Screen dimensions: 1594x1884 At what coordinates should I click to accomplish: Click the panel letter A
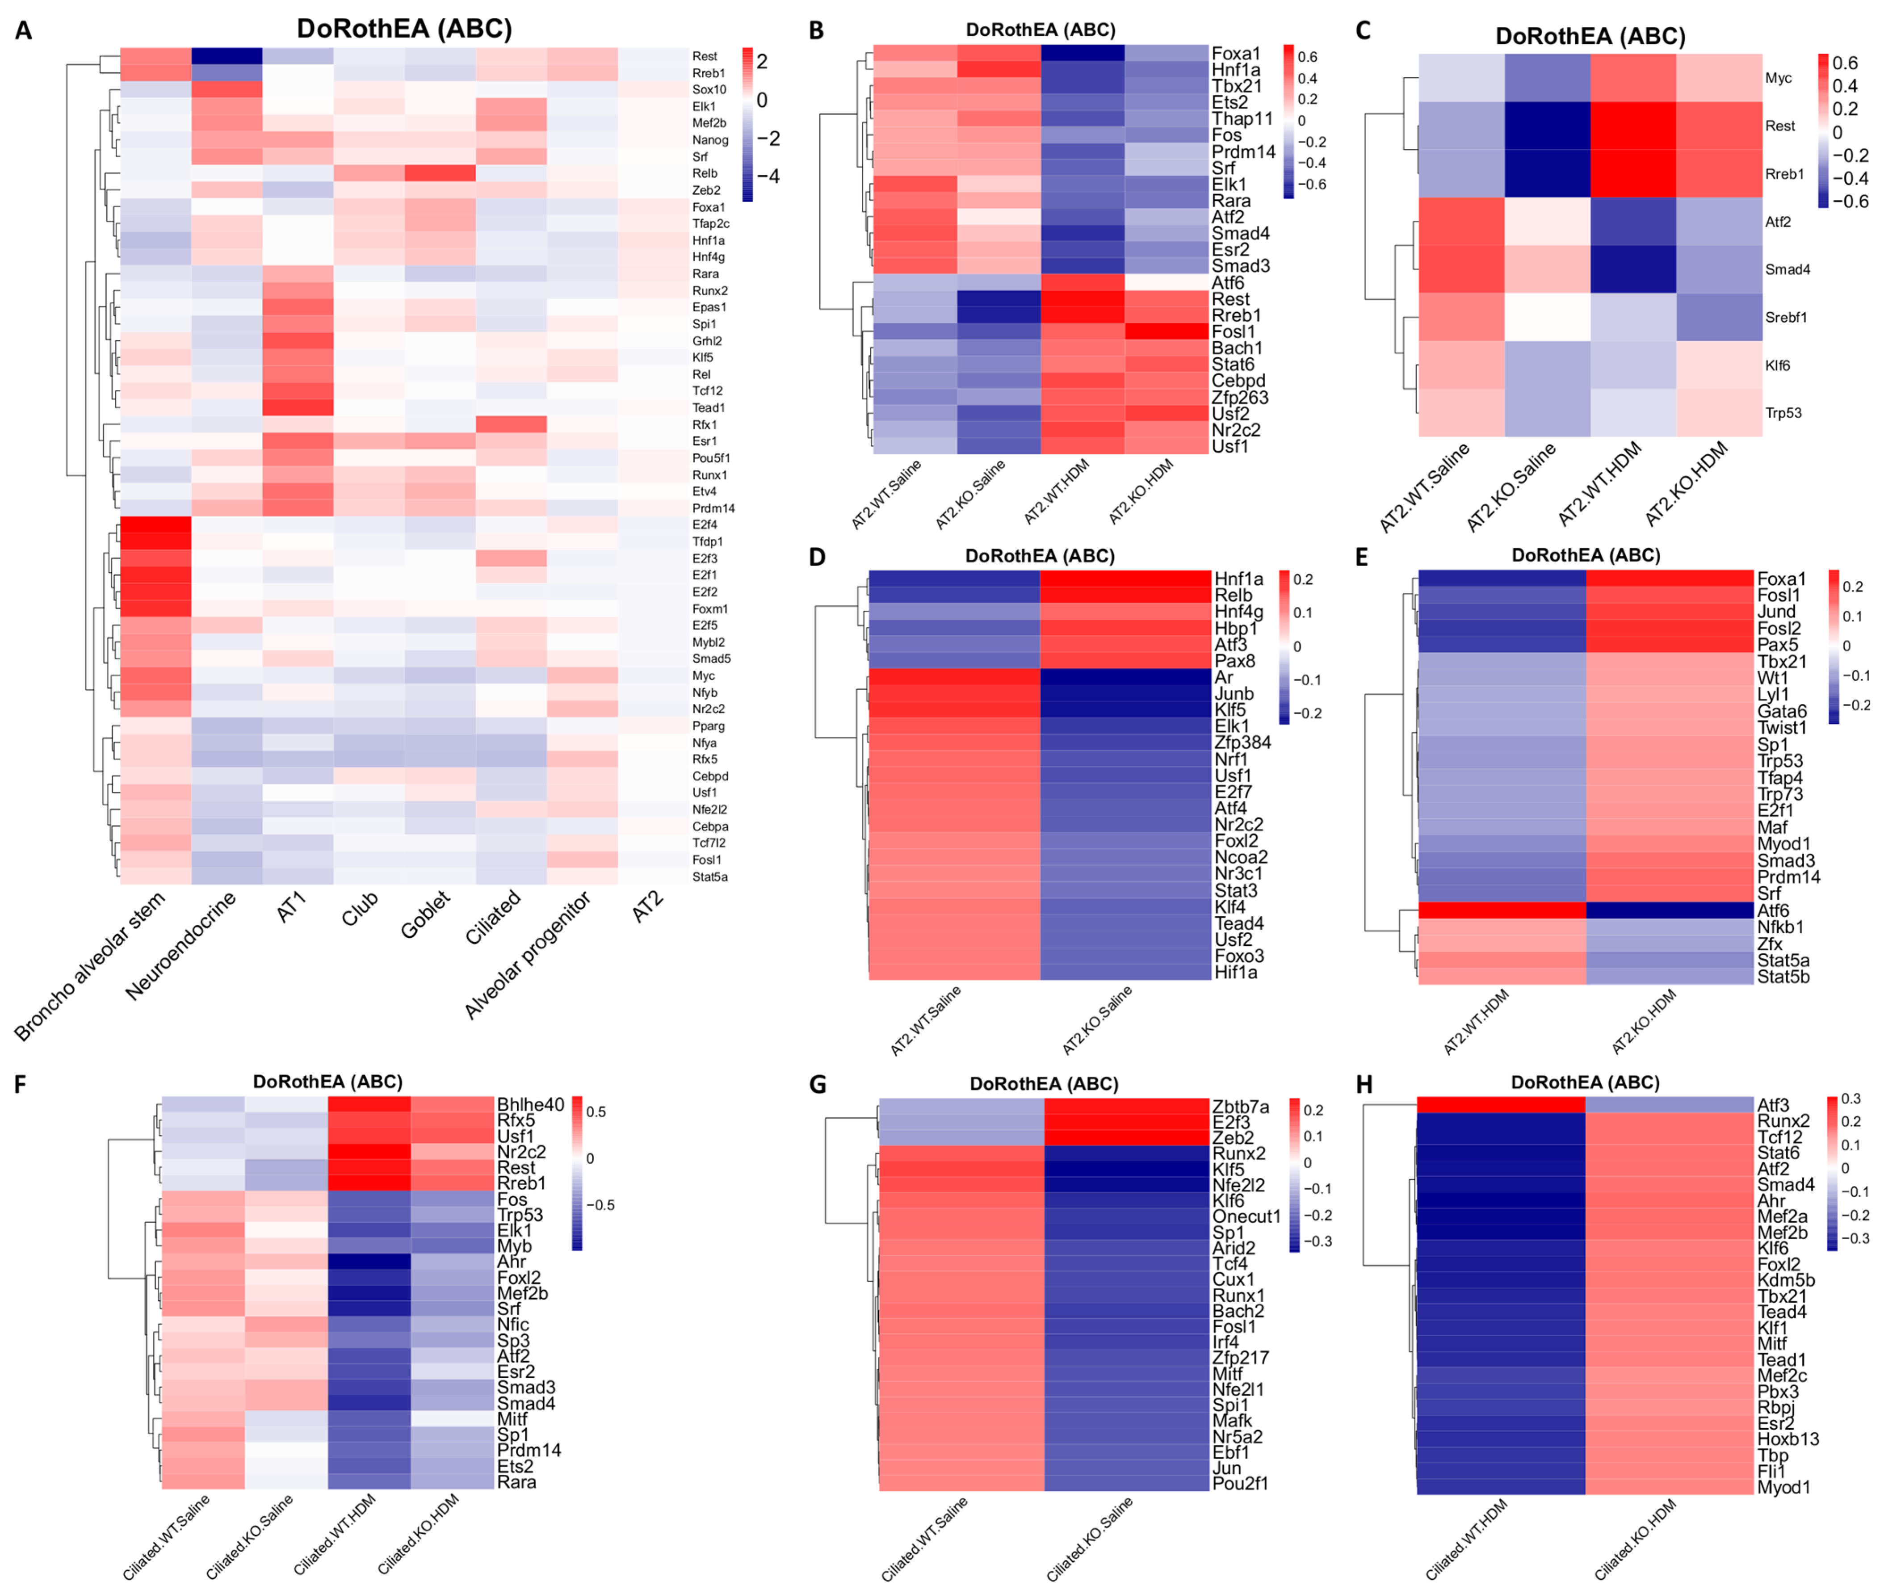[24, 31]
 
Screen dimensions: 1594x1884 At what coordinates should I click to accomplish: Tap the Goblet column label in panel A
[425, 914]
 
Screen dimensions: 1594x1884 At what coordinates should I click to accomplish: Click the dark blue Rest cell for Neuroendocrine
[227, 56]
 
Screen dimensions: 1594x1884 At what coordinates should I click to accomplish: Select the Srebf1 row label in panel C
[1786, 317]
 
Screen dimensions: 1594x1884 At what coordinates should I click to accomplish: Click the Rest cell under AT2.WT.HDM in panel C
[1633, 126]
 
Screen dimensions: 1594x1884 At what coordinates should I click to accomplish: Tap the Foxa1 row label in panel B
[1235, 53]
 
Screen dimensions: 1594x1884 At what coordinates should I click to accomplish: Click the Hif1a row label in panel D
[1235, 972]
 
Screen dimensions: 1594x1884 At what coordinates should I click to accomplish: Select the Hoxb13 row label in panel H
[1787, 1439]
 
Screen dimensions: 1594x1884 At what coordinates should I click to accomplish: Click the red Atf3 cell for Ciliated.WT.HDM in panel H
[1500, 1104]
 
